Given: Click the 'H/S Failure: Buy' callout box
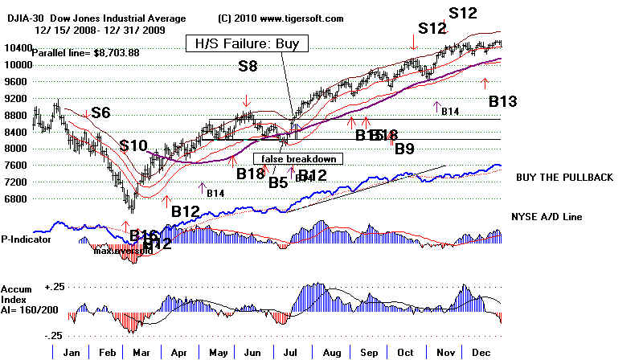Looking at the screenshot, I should (x=245, y=43).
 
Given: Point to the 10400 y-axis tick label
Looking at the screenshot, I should (x=16, y=48).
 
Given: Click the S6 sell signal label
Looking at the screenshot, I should (x=100, y=113).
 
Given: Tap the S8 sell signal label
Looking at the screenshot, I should (x=248, y=67).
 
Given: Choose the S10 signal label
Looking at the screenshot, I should (x=133, y=145).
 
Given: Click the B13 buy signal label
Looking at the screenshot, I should (x=502, y=101).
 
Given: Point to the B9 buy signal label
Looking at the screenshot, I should (x=404, y=149).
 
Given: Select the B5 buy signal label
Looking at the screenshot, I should (x=278, y=183).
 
